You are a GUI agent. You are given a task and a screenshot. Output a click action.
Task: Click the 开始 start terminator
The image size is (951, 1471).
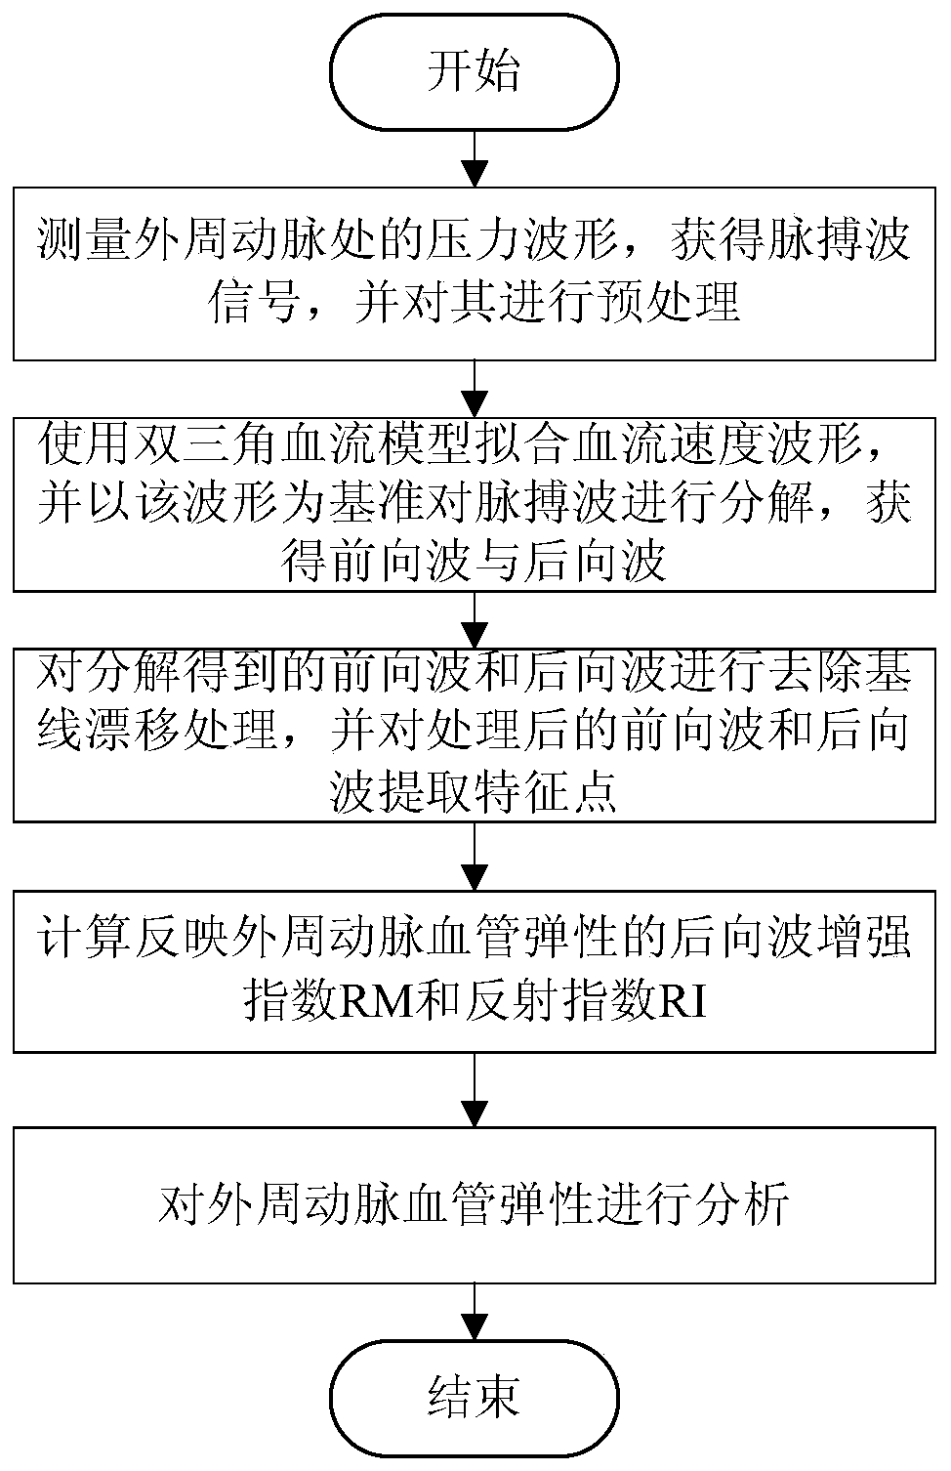tap(475, 72)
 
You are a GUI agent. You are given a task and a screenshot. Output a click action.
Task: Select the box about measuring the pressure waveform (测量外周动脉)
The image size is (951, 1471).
tap(475, 272)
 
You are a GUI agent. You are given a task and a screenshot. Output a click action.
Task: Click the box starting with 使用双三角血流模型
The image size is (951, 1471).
tap(475, 504)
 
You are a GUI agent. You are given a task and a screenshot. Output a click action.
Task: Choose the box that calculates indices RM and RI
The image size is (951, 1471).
tap(475, 969)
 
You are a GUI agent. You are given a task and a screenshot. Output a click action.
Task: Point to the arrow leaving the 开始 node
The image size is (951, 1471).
tap(475, 156)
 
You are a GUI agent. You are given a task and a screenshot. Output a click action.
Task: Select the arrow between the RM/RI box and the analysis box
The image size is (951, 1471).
tap(475, 1089)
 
